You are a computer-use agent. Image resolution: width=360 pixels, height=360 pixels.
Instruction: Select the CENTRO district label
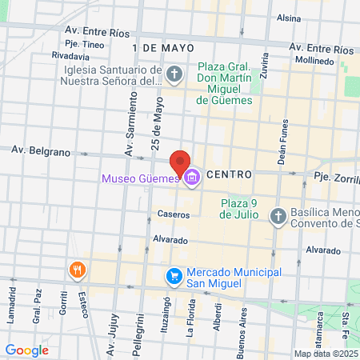click(229, 174)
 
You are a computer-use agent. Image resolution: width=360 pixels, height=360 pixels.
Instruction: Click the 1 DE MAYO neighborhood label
click(164, 48)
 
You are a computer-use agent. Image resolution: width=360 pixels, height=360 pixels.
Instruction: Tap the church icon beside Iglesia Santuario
click(176, 76)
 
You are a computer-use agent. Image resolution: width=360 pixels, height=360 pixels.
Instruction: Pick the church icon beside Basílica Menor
click(278, 216)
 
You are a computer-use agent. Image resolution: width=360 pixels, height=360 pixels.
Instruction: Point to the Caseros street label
click(174, 214)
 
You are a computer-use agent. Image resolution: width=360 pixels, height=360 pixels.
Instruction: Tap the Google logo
click(26, 350)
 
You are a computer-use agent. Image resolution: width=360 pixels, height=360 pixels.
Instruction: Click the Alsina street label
click(288, 17)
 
